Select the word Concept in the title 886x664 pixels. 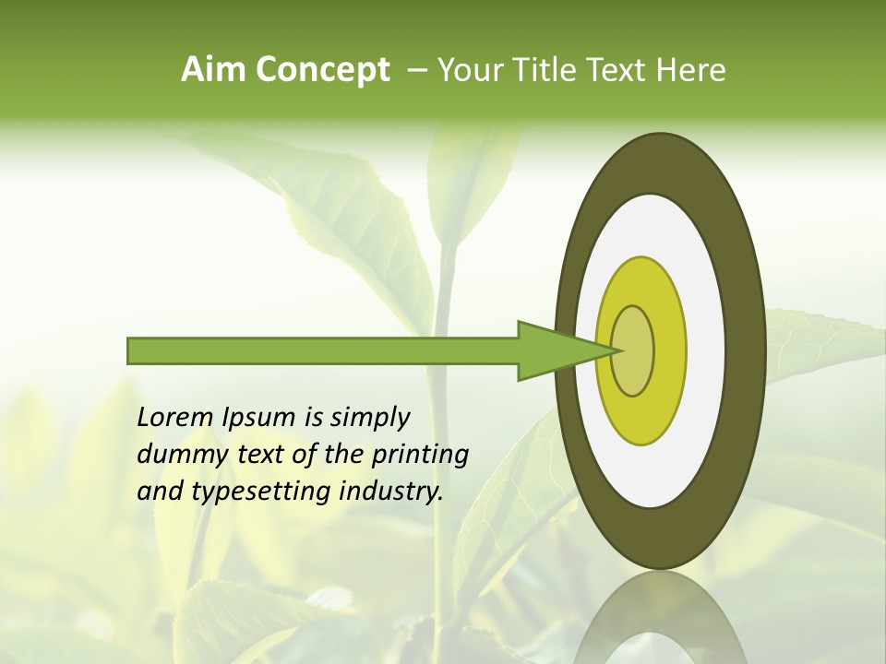[322, 70]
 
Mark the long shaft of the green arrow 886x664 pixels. [323, 351]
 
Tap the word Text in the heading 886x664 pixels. [621, 70]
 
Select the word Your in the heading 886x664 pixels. [468, 70]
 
